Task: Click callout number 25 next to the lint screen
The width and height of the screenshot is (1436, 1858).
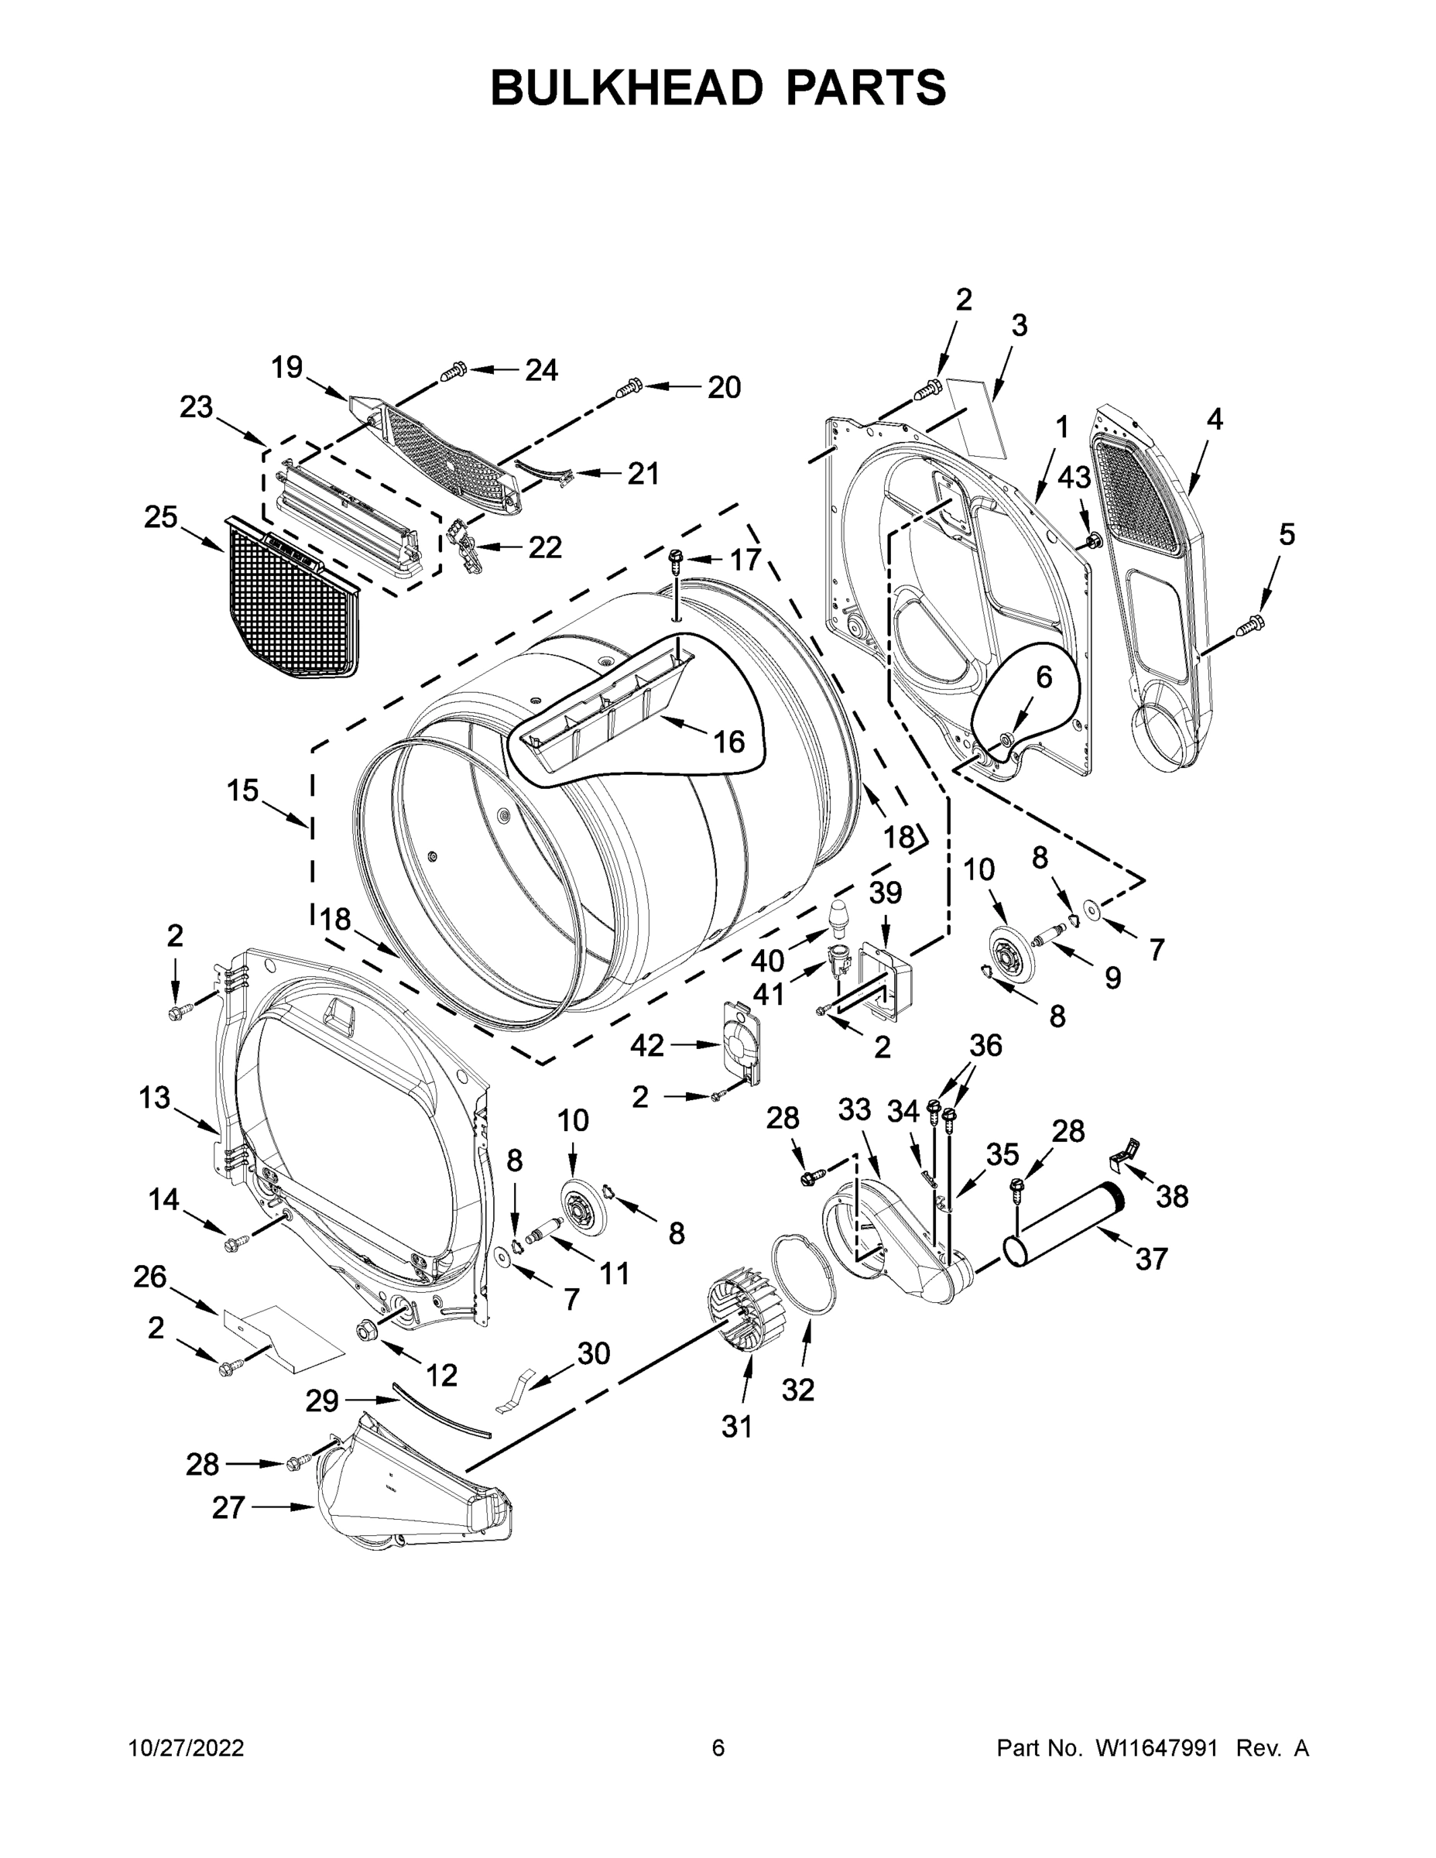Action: pos(161,516)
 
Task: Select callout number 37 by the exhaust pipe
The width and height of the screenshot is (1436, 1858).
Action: pos(1151,1258)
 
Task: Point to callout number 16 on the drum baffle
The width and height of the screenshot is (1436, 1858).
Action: pos(729,742)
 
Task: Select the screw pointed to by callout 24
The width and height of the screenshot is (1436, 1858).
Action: pos(454,371)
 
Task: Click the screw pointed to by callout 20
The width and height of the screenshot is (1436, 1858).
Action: pos(629,388)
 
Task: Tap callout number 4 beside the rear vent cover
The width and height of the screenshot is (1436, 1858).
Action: pos(1214,419)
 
